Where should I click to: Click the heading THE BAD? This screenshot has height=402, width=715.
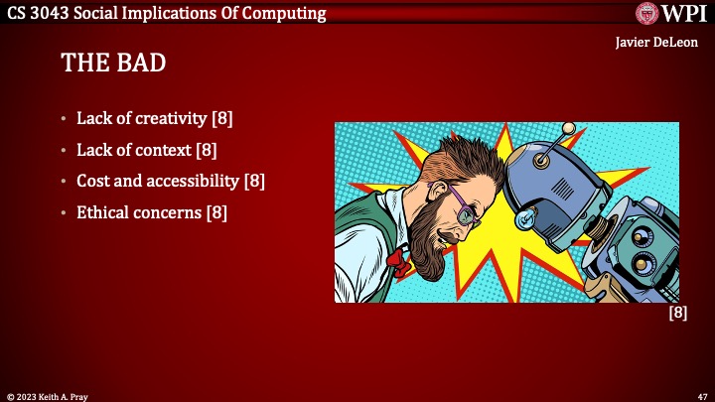[x=113, y=64]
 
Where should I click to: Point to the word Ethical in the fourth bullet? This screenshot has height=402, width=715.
[x=105, y=212]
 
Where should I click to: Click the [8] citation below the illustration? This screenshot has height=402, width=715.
[x=677, y=312]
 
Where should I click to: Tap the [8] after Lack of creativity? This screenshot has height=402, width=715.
[x=221, y=120]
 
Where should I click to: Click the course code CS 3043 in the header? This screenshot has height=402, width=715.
[x=35, y=13]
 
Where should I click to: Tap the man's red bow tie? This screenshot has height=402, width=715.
[x=398, y=262]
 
